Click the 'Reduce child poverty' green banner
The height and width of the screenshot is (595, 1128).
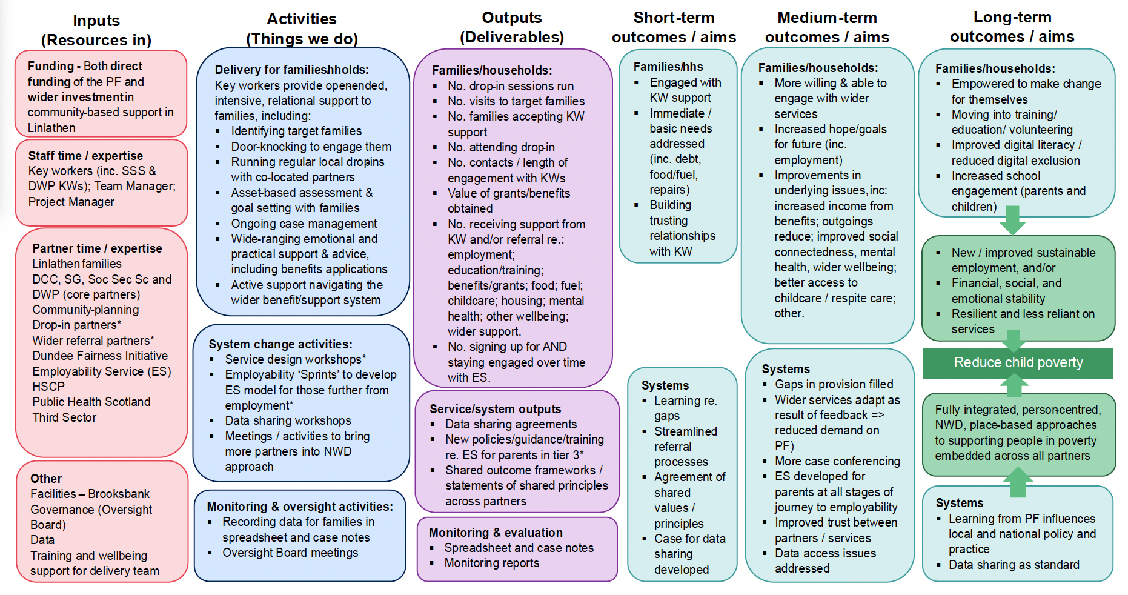(x=1018, y=362)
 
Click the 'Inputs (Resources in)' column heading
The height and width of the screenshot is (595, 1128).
(x=96, y=30)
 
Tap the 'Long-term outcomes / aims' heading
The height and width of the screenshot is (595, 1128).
(x=1012, y=27)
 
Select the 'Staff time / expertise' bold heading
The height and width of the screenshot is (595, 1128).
(x=85, y=156)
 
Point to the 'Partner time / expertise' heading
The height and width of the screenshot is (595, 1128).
(x=97, y=248)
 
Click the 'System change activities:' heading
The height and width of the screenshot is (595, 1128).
(x=280, y=344)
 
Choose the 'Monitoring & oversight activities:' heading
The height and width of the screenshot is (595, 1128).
(x=300, y=507)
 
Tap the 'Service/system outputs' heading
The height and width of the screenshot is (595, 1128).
(x=495, y=409)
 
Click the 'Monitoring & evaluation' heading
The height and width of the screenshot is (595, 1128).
(x=496, y=533)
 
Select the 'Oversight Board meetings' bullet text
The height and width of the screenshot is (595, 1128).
(x=290, y=553)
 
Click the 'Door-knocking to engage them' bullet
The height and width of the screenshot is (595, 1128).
(x=311, y=147)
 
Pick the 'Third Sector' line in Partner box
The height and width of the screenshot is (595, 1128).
(x=64, y=417)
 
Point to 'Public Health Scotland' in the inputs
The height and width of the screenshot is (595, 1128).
(x=91, y=402)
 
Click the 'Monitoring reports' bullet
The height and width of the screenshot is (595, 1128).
(x=491, y=563)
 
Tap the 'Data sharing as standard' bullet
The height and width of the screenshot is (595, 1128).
(x=1014, y=565)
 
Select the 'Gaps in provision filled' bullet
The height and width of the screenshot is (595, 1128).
(x=834, y=384)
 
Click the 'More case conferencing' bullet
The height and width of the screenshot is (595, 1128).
(x=837, y=461)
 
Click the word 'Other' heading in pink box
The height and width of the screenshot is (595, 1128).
(x=46, y=479)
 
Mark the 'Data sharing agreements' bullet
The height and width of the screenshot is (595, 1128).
(x=511, y=424)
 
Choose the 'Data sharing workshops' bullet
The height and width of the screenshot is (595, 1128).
(x=288, y=420)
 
